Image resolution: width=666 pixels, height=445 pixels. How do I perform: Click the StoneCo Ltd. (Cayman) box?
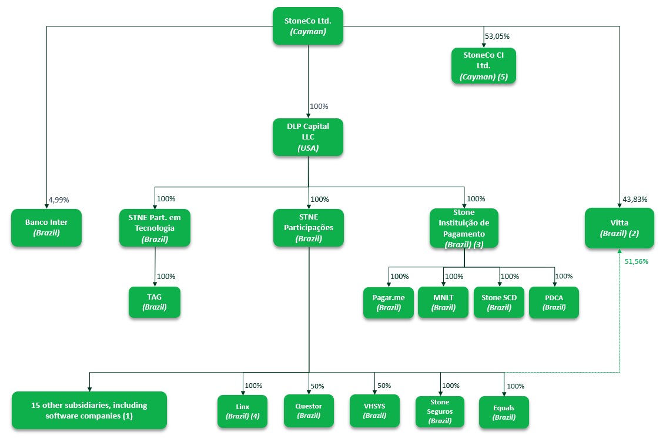click(308, 26)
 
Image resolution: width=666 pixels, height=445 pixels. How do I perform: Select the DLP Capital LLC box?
click(308, 137)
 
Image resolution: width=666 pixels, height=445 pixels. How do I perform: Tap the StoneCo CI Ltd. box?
click(483, 65)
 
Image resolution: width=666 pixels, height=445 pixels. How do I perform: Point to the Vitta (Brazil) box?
click(619, 228)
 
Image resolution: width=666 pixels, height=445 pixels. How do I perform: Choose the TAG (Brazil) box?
click(155, 301)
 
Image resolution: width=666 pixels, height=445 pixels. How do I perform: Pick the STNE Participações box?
click(308, 227)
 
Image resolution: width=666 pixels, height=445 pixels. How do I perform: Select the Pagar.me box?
click(388, 302)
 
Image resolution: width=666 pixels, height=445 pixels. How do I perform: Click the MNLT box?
click(443, 302)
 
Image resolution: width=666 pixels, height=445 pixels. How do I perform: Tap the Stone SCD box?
click(499, 302)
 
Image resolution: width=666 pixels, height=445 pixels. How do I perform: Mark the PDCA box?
click(554, 302)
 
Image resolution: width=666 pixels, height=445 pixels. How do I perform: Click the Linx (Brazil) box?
click(242, 411)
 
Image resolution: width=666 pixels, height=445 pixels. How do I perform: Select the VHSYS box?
click(375, 411)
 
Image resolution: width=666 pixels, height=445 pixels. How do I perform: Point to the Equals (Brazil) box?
click(504, 412)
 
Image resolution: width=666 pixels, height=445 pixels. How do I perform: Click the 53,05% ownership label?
click(497, 36)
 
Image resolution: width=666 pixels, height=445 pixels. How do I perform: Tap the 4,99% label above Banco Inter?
click(59, 200)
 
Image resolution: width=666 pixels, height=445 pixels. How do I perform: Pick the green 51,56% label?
click(637, 261)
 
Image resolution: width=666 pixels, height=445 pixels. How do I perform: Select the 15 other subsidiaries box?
click(89, 410)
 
